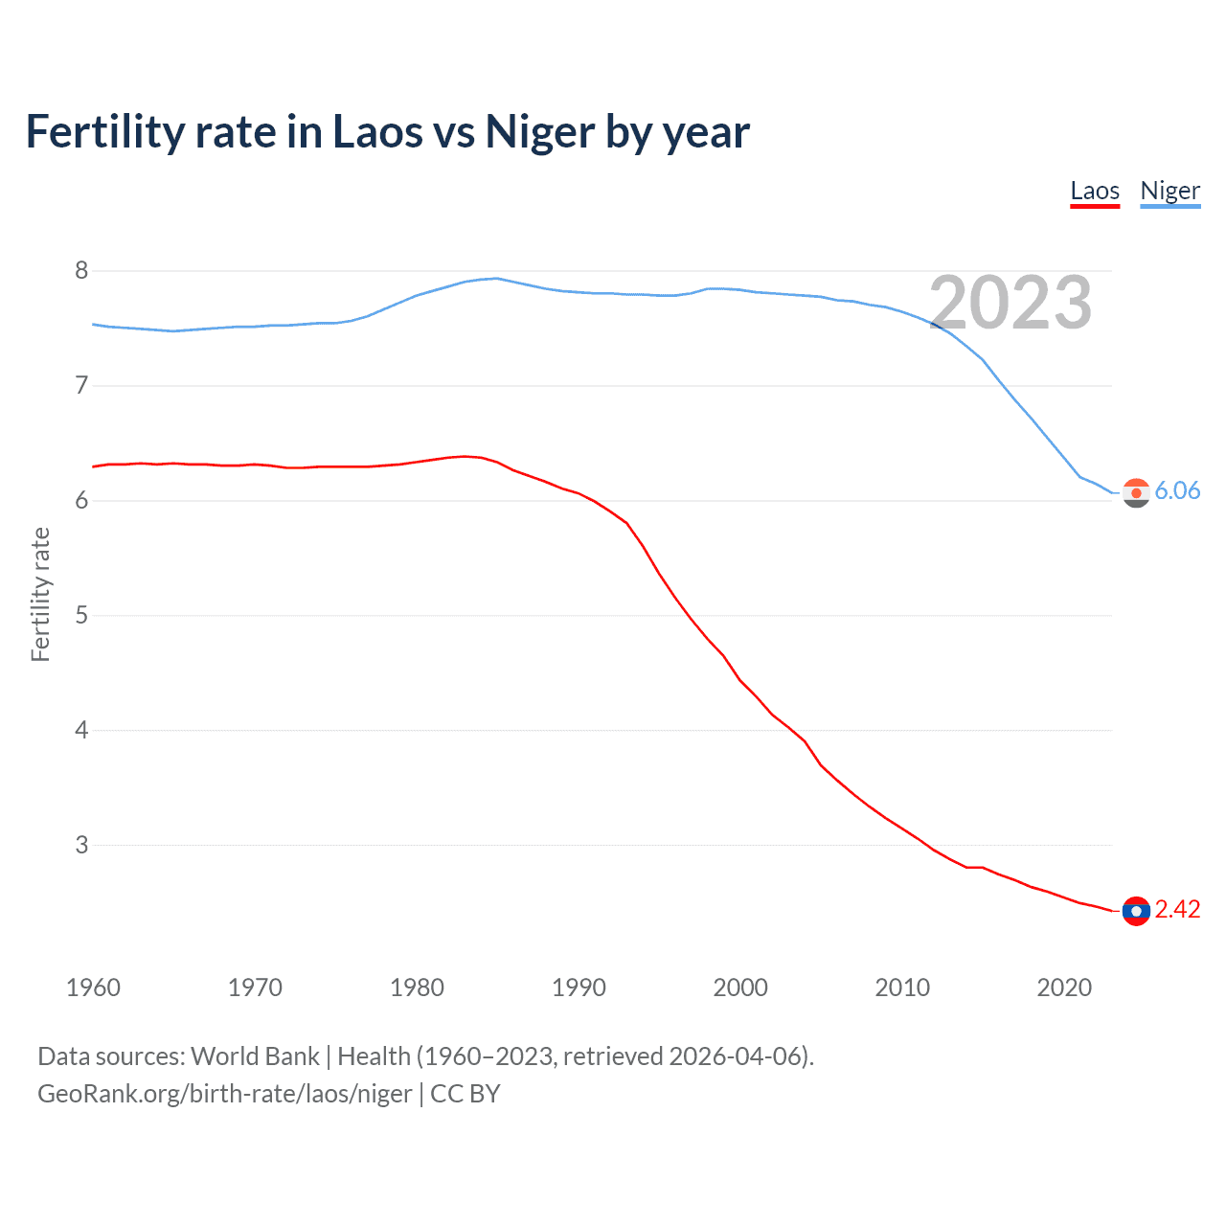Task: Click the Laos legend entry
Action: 1095,191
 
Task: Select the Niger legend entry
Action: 1169,191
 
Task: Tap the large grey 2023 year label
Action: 1010,303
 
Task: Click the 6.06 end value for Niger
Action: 1177,490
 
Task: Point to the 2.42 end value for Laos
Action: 1177,909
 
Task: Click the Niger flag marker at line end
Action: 1136,492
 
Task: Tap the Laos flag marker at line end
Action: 1136,911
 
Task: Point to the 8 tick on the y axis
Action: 81,271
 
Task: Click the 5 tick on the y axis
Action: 81,615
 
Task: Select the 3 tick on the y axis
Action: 81,845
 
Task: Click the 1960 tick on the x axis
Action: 93,988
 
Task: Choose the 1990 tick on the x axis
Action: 579,988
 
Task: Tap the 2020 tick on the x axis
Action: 1064,988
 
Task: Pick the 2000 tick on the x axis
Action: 740,988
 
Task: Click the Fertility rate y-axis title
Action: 40,594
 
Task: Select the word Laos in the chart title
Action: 375,132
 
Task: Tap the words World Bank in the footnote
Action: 255,1056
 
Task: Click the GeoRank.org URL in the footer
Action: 224,1094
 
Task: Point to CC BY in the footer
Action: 465,1094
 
